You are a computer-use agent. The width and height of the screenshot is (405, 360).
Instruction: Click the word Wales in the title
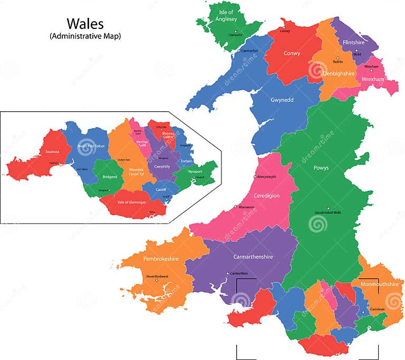(85, 23)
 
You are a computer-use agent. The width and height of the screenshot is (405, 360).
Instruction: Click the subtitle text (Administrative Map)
(85, 36)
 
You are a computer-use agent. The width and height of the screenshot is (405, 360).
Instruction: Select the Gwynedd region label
(282, 100)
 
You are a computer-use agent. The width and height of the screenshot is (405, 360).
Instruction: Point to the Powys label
(321, 168)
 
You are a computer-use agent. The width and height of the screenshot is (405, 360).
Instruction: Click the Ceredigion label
(266, 196)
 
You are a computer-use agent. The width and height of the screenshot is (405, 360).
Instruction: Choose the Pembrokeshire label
(161, 259)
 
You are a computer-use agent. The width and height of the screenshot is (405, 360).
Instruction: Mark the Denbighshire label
(338, 74)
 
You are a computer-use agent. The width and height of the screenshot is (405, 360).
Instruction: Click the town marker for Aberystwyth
(255, 177)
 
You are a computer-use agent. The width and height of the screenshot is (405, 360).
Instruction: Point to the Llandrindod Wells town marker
(328, 208)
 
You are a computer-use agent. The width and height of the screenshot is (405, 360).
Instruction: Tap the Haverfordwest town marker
(157, 280)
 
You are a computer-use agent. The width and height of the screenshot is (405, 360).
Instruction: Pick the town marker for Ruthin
(337, 57)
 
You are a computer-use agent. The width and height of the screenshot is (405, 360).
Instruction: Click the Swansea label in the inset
(52, 152)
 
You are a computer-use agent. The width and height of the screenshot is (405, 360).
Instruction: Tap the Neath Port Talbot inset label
(91, 146)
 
